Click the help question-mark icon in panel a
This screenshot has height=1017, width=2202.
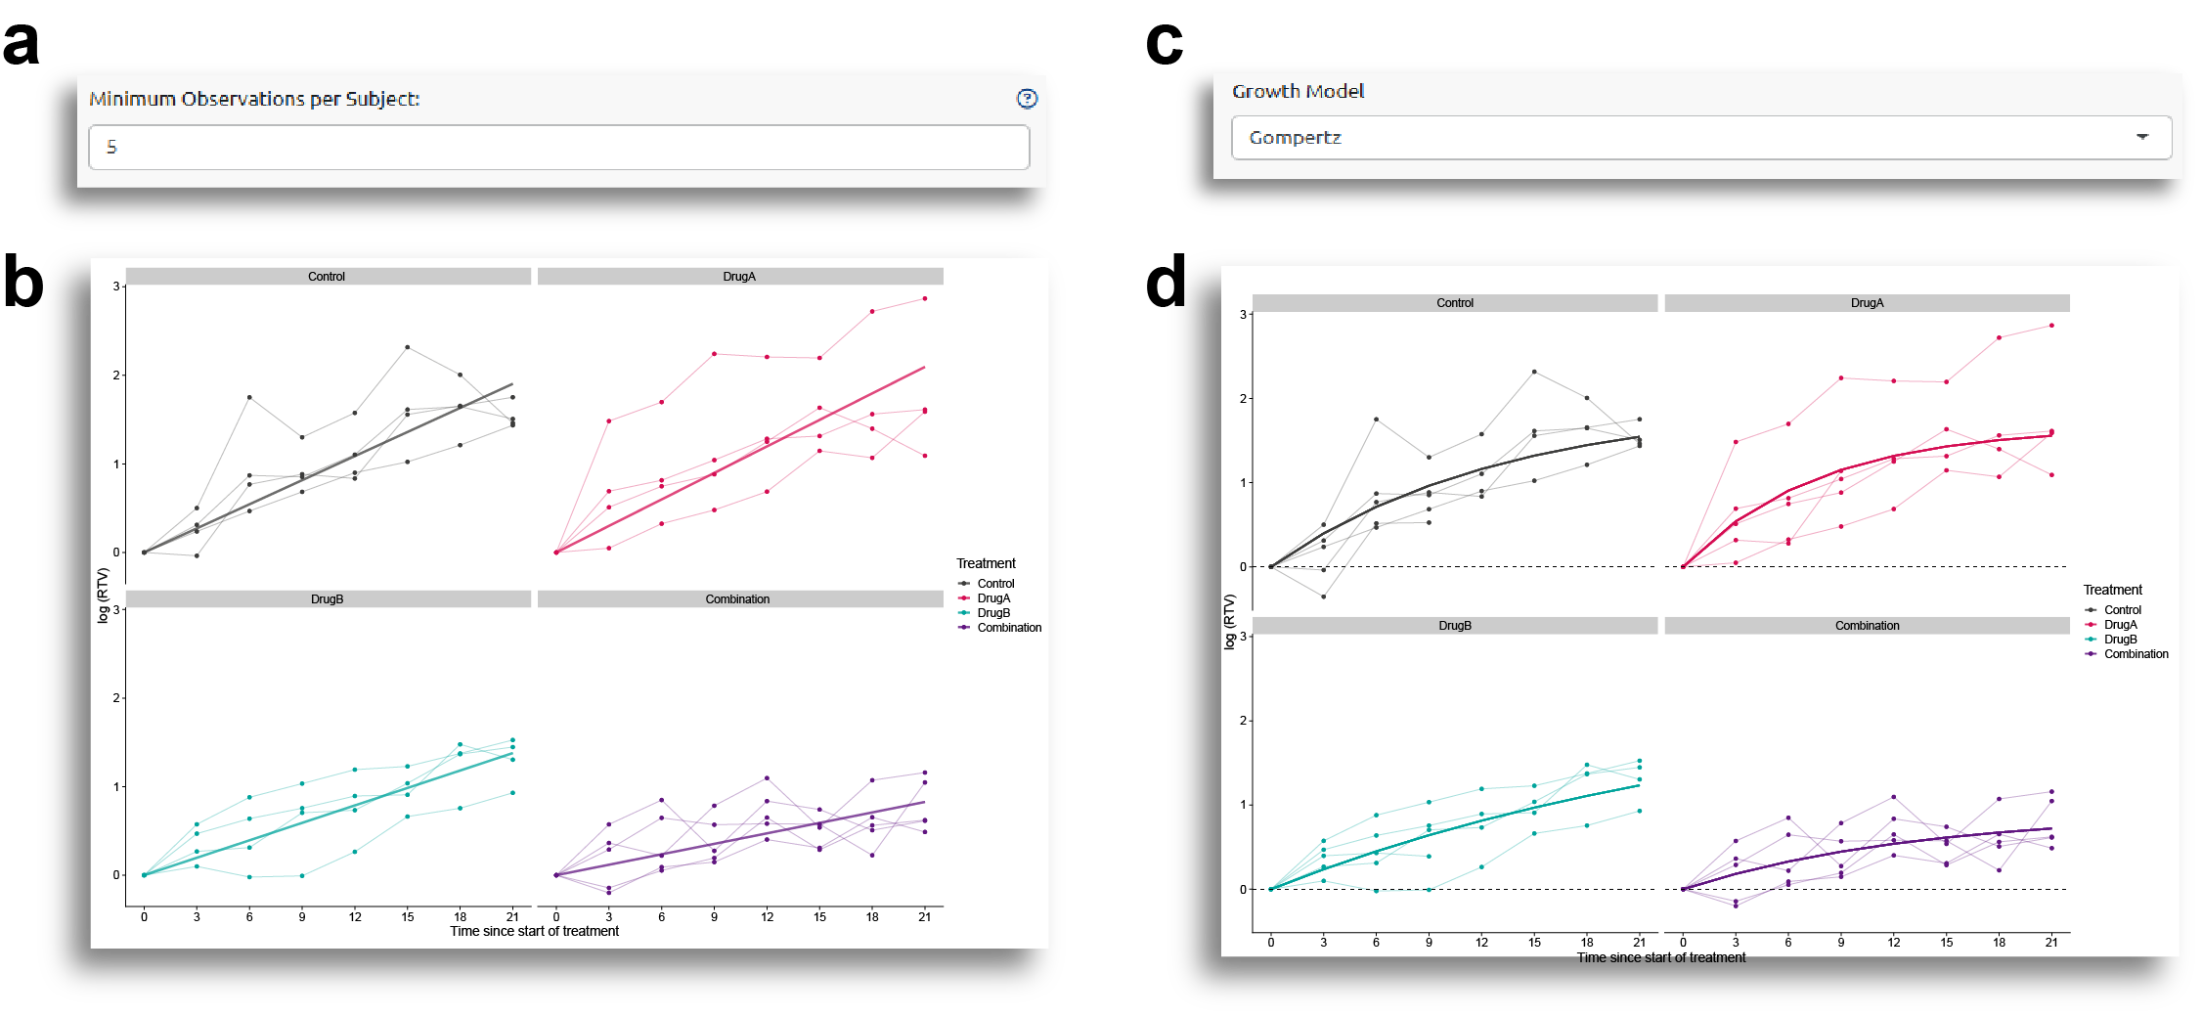1027,99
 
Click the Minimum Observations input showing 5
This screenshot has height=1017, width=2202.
558,147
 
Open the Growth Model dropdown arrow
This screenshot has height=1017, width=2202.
2141,137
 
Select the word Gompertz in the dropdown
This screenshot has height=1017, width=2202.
1295,138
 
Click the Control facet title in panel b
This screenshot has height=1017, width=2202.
327,277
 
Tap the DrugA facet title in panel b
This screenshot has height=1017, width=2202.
739,277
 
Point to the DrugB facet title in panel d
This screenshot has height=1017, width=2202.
1454,626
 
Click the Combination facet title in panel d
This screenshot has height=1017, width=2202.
1867,626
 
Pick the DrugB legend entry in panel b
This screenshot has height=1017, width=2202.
993,613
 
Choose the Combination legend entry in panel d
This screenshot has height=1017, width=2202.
2136,654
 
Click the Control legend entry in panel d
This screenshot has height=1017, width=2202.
2122,610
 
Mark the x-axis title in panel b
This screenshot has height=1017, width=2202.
534,931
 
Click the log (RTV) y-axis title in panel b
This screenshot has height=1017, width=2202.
103,595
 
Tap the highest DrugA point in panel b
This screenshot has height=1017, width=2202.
925,298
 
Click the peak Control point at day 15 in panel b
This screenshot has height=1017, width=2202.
408,347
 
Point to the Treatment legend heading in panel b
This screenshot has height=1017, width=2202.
986,563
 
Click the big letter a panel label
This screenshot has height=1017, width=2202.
21,43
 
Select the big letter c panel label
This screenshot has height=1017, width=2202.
1164,43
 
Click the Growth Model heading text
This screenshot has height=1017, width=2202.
1298,91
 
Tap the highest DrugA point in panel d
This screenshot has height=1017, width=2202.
2051,326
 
